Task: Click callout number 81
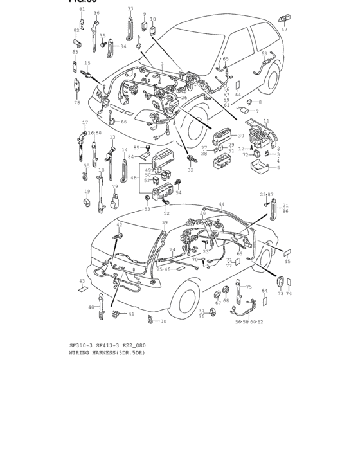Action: (82, 10)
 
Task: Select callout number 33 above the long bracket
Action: (130, 9)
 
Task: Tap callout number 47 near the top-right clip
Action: (284, 29)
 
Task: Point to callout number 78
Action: (76, 102)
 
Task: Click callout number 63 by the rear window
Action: (264, 54)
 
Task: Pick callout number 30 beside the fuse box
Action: (241, 136)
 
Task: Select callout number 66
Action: (124, 122)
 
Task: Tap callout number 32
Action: (190, 170)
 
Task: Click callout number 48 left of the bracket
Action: (133, 177)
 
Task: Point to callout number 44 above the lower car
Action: (222, 204)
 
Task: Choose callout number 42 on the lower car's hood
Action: (119, 224)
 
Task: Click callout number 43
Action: (82, 281)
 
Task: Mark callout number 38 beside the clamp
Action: (163, 321)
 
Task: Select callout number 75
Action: (249, 287)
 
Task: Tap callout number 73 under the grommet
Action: (280, 293)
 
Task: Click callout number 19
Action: (87, 191)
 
